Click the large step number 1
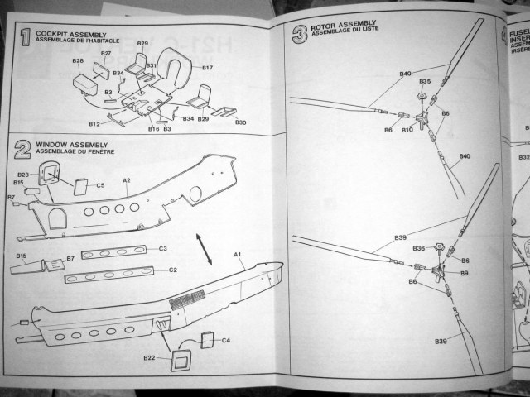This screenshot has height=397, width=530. click(25, 38)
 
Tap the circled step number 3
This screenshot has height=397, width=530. click(299, 35)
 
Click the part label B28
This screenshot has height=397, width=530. click(79, 61)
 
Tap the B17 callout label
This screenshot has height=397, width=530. click(207, 68)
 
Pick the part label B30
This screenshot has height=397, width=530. click(240, 122)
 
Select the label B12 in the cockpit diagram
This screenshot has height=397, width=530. click(94, 124)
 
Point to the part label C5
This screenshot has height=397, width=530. click(100, 185)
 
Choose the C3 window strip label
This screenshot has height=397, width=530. click(163, 248)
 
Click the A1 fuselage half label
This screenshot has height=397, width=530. click(237, 254)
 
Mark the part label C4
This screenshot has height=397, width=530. click(226, 340)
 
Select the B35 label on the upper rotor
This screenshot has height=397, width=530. click(425, 82)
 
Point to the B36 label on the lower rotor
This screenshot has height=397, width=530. click(419, 248)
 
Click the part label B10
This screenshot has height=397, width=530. click(407, 130)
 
